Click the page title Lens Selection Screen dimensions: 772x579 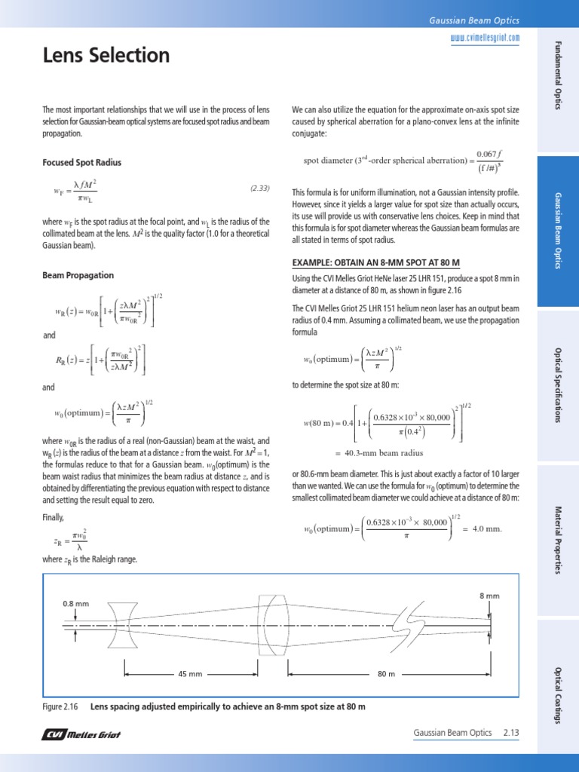[x=106, y=56]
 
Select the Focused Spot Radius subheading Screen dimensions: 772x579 [x=81, y=162]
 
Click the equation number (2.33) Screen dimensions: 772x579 [x=259, y=187]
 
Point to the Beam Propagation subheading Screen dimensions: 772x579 [x=78, y=276]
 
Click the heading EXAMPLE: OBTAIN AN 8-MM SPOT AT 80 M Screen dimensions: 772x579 [x=375, y=262]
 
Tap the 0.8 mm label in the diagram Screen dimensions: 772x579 [x=76, y=604]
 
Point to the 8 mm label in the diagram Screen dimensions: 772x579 [x=489, y=596]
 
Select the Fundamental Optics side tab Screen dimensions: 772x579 [x=559, y=76]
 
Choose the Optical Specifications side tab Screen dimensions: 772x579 [x=559, y=385]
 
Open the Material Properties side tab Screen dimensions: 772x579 [x=559, y=539]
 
